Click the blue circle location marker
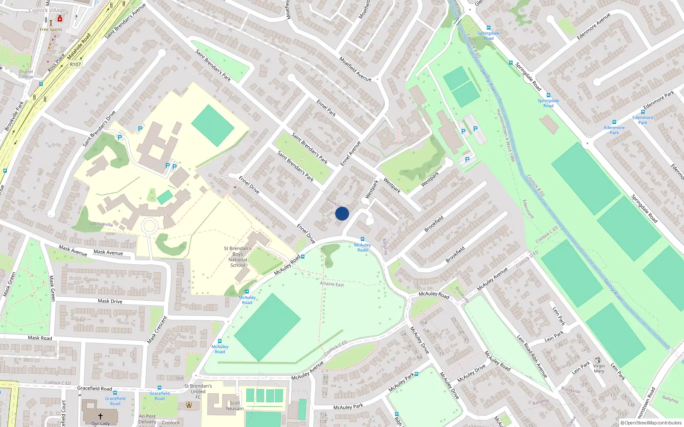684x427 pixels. point(342,213)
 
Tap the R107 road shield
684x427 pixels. point(75,64)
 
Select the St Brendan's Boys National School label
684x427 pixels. point(238,257)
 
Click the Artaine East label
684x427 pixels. point(332,284)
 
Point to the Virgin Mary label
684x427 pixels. point(599,369)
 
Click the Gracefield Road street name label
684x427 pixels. point(94,389)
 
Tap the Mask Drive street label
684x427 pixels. point(110,301)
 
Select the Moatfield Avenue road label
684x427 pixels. point(355,69)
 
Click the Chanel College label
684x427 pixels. point(26,74)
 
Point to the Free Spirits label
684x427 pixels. point(51,29)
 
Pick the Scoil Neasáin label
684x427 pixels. point(235,406)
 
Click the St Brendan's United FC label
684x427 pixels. point(198,392)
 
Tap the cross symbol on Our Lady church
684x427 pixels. point(100,416)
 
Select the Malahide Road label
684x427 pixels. point(79,47)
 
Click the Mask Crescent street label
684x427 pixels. point(157,330)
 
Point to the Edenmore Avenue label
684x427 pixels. point(593,26)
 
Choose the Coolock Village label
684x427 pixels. point(47,10)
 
